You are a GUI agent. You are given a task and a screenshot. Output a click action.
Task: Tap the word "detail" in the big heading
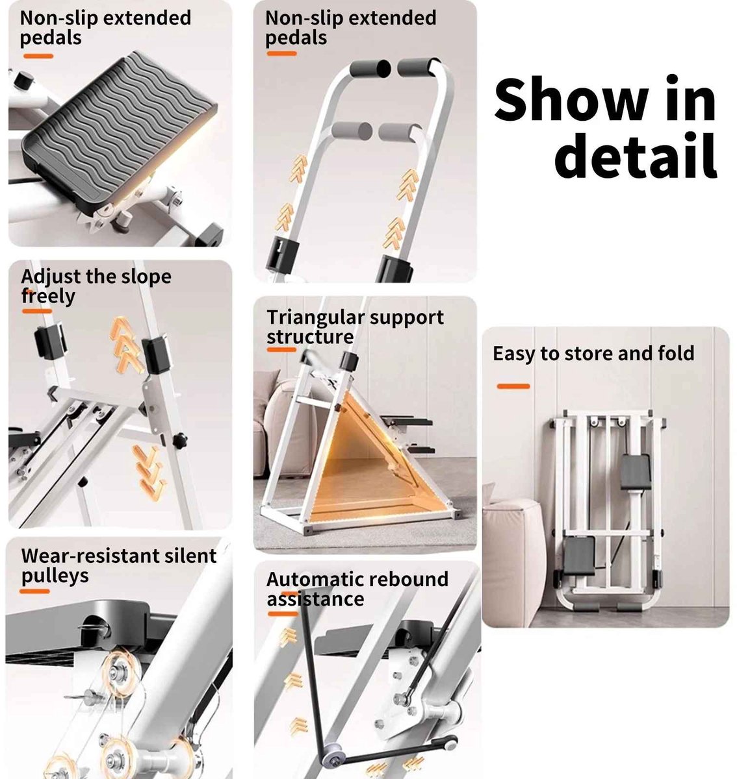tap(636, 155)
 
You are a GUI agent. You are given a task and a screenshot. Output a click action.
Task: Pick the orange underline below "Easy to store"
tap(513, 386)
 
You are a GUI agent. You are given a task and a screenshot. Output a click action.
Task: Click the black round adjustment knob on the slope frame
tap(179, 441)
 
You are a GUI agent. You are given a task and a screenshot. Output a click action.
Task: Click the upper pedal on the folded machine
tap(635, 472)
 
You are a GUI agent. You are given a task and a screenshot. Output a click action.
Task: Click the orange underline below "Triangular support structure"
tap(281, 349)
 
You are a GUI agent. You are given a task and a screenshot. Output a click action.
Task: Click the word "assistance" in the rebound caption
tap(315, 599)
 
